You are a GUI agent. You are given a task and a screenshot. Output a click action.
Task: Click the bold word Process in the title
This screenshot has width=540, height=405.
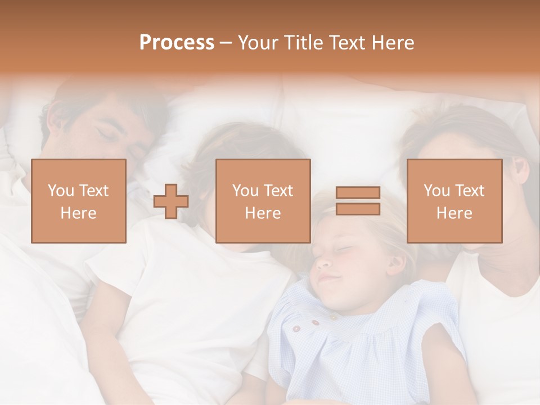(x=177, y=42)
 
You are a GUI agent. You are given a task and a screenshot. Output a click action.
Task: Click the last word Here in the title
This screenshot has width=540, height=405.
(x=394, y=42)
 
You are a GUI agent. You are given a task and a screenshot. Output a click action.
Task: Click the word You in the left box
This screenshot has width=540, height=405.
(x=60, y=191)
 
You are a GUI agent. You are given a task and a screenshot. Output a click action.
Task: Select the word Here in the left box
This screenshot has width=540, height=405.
(x=78, y=213)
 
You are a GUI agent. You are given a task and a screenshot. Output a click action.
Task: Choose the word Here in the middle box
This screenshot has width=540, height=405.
(x=263, y=213)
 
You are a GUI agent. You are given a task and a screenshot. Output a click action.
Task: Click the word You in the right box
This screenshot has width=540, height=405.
(x=436, y=191)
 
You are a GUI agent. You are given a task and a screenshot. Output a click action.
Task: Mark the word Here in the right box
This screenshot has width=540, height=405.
(x=454, y=213)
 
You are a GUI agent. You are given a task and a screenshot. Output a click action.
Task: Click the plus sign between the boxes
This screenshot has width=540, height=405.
(x=171, y=201)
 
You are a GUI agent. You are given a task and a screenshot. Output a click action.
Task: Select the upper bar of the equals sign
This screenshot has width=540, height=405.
(x=358, y=193)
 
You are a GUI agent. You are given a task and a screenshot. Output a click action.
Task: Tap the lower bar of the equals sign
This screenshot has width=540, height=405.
(x=358, y=209)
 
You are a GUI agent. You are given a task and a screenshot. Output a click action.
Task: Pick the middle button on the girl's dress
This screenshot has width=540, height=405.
(x=314, y=323)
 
